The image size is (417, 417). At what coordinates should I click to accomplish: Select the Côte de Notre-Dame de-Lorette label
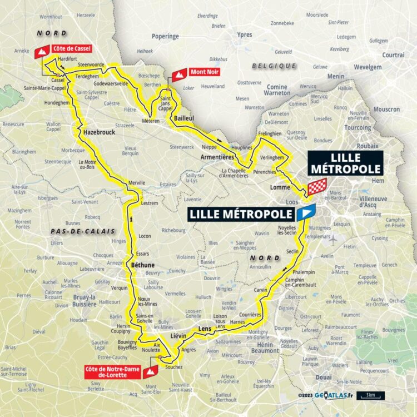coord(113,372)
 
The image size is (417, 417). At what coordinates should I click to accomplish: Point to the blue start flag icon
coord(306,212)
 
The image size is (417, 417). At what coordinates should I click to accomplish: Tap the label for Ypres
coord(244,34)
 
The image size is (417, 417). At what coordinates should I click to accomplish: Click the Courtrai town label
coord(393,54)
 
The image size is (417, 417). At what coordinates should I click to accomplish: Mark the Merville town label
coord(136,182)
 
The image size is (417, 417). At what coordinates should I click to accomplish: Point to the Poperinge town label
coord(165,36)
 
